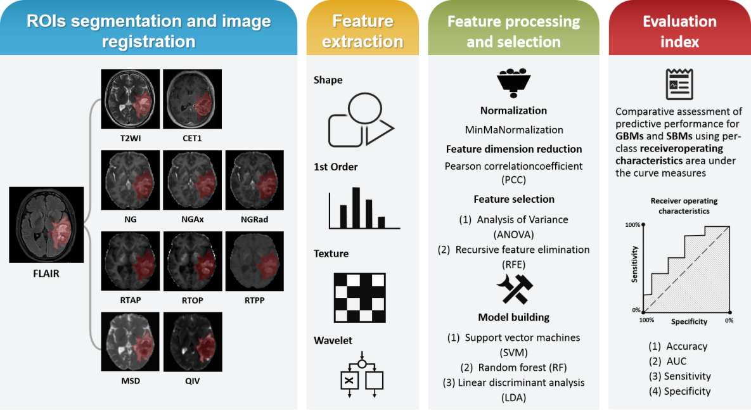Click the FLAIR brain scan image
tap(46, 224)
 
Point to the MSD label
tap(131, 381)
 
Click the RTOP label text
tap(193, 300)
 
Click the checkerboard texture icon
tap(359, 298)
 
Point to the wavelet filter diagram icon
tap(362, 374)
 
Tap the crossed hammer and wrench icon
tap(513, 288)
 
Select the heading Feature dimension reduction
tap(514, 150)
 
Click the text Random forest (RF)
tap(514, 368)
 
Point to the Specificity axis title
tap(689, 322)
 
